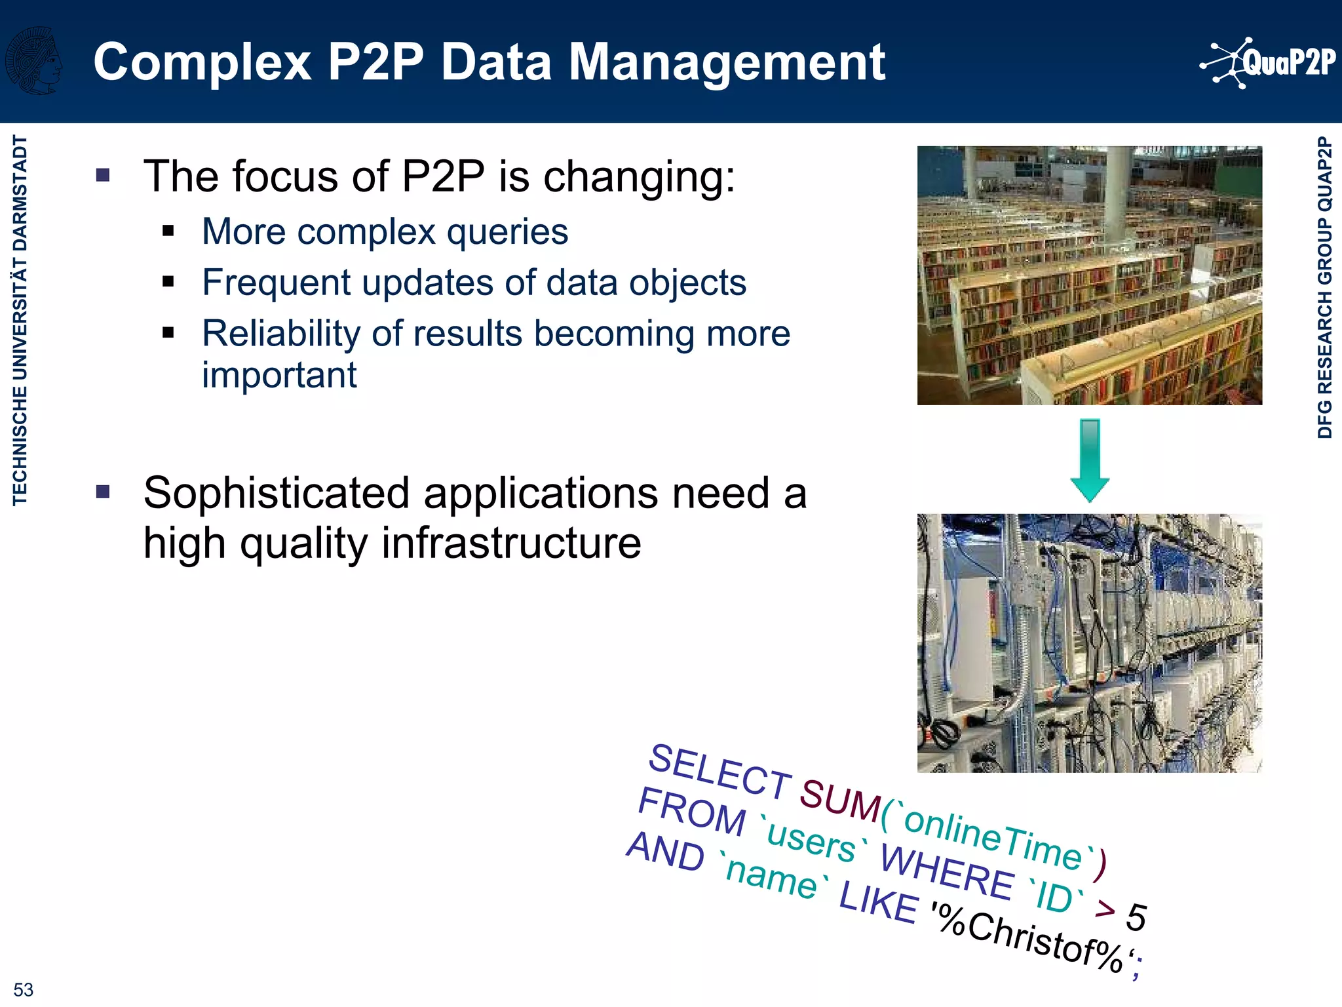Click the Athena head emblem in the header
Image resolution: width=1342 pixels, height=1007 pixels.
tap(34, 60)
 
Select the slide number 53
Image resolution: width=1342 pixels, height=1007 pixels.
tap(23, 989)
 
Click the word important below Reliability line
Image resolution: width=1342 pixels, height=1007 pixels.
tap(279, 375)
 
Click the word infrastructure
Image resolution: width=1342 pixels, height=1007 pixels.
tap(511, 543)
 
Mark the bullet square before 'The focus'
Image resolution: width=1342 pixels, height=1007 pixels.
tap(103, 175)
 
